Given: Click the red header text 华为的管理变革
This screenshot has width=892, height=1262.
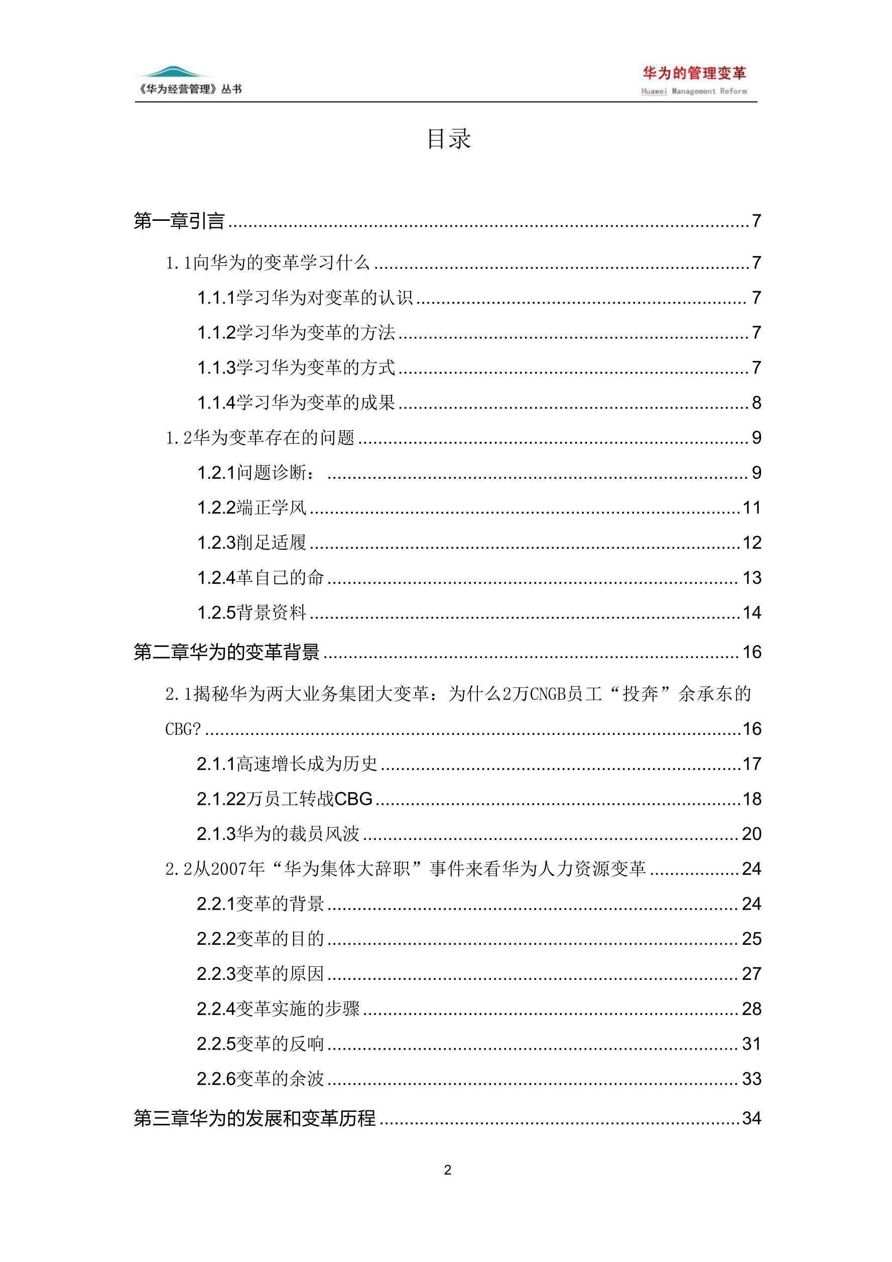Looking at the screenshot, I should pyautogui.click(x=694, y=73).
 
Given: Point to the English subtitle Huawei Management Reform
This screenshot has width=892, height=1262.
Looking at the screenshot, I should pyautogui.click(x=694, y=91).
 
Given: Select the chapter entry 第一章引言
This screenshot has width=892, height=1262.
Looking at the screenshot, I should pyautogui.click(x=179, y=221).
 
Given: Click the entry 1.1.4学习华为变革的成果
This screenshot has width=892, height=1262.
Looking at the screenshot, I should pyautogui.click(x=296, y=403).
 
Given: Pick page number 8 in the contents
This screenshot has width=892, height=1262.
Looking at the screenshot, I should pyautogui.click(x=756, y=403).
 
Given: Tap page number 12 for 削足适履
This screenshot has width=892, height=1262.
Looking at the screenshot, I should pyautogui.click(x=751, y=543).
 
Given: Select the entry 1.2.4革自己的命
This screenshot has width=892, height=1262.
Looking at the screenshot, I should pyautogui.click(x=261, y=578).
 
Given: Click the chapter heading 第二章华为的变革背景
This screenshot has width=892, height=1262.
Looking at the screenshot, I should pyautogui.click(x=226, y=653).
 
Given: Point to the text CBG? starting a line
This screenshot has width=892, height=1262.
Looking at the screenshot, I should pyautogui.click(x=183, y=729).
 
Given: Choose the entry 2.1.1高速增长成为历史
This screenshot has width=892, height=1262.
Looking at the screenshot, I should pyautogui.click(x=287, y=764).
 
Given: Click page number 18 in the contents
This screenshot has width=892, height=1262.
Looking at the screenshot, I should pyautogui.click(x=751, y=799).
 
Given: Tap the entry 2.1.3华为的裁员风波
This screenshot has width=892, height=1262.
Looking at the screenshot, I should pyautogui.click(x=278, y=834).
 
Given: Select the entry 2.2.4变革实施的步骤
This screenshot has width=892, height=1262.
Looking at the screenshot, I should pyautogui.click(x=278, y=1009).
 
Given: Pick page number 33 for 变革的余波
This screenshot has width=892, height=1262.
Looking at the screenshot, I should pyautogui.click(x=751, y=1079).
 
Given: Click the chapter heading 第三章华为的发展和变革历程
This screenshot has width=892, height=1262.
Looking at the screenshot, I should pyautogui.click(x=254, y=1118).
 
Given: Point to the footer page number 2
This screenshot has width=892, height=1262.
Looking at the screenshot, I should pyautogui.click(x=447, y=1170).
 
